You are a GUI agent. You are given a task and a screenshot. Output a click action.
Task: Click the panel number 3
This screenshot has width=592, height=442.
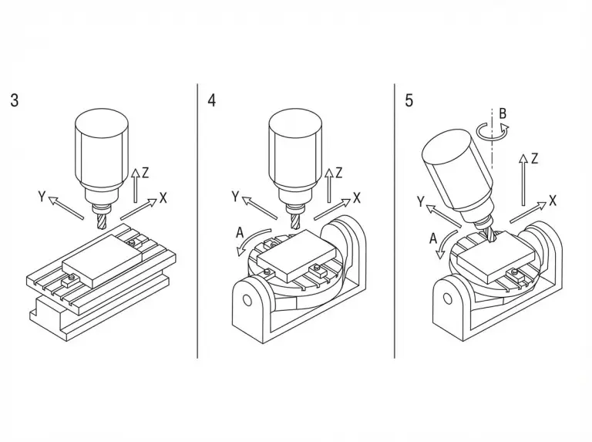click(15, 100)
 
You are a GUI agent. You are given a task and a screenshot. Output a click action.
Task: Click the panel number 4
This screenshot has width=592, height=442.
click(212, 100)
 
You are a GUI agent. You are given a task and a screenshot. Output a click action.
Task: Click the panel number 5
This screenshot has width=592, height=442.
click(409, 100)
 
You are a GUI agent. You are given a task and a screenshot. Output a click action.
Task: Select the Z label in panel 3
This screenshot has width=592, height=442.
click(146, 173)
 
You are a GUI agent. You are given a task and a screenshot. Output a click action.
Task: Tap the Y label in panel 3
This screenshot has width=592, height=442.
click(42, 197)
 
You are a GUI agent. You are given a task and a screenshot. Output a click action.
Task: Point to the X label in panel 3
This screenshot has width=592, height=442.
click(163, 197)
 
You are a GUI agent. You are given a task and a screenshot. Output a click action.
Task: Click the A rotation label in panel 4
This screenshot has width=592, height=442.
click(240, 233)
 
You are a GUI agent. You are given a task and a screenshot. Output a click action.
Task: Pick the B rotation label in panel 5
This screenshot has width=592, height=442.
click(503, 113)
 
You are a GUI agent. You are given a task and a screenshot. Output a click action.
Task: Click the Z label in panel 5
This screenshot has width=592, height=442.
click(534, 159)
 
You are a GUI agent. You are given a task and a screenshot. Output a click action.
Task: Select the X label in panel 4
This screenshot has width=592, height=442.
click(357, 197)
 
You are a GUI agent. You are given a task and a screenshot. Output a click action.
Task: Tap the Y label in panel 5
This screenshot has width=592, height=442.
click(421, 202)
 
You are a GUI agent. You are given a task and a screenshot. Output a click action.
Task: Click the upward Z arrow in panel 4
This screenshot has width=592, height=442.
click(329, 185)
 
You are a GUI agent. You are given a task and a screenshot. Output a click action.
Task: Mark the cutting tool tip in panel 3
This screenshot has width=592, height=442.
click(102, 228)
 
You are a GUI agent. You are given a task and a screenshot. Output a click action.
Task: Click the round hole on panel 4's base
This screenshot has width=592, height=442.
click(247, 300)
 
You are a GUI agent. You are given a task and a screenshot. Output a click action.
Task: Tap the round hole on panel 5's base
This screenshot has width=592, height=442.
click(447, 299)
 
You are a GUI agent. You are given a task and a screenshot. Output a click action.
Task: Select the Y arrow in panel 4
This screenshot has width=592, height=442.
click(259, 208)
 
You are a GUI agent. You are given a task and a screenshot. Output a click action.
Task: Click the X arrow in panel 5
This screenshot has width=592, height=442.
click(528, 212)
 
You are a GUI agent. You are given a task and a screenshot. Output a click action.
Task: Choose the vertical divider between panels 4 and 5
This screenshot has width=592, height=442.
click(395, 221)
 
